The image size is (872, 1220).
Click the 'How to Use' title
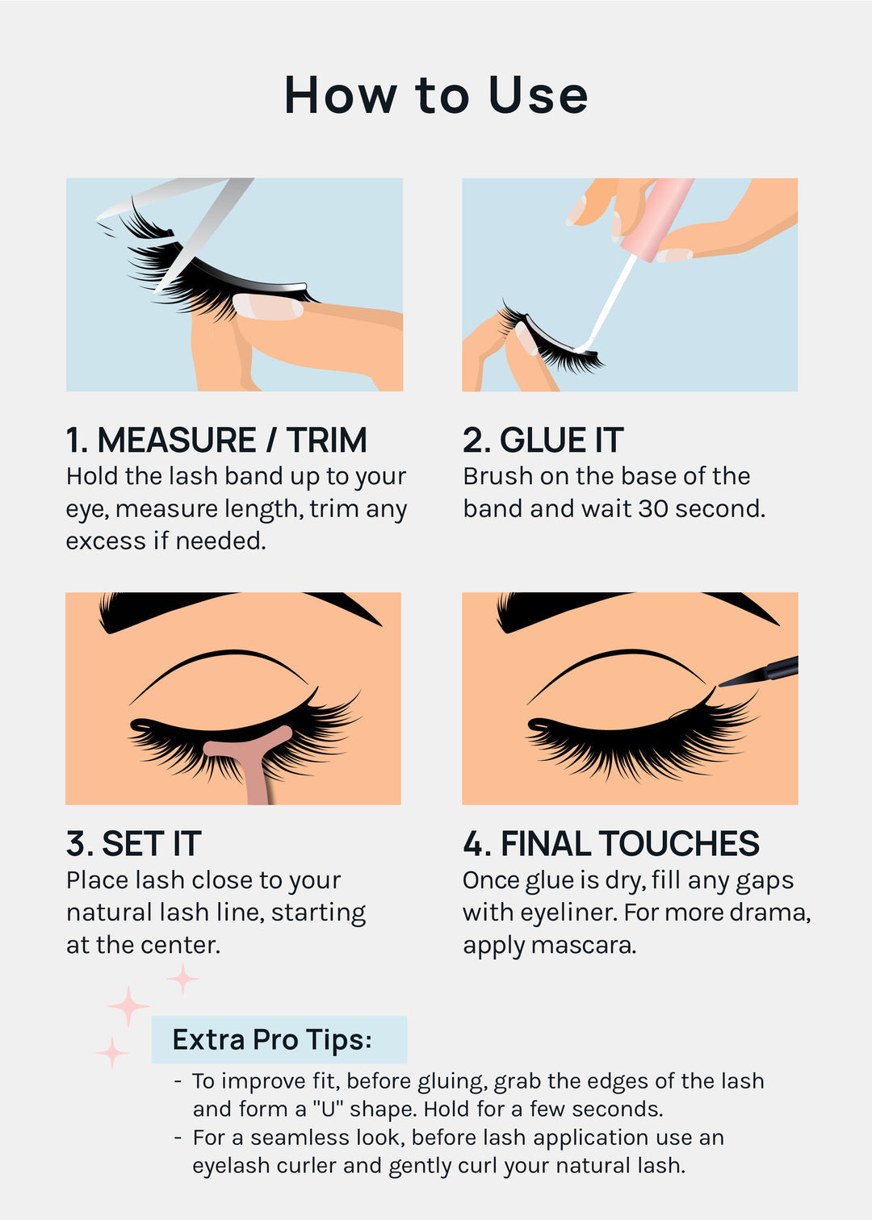436,95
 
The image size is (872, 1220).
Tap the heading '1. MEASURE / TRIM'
216,441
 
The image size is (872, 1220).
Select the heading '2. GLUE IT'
543,441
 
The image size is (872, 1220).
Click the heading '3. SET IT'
134,844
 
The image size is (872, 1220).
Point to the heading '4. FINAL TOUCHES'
610,844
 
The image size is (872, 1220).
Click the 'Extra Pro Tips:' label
272,1039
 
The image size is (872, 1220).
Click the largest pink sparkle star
128,1006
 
